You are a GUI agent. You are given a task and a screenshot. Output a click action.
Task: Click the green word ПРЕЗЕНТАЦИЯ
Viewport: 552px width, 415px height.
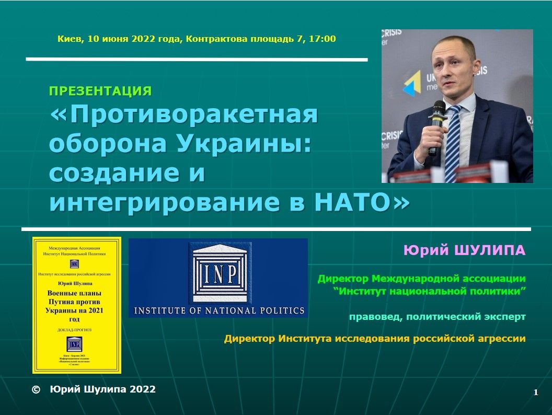click(100, 91)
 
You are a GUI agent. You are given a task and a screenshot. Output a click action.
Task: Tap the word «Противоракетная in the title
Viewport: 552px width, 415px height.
click(183, 115)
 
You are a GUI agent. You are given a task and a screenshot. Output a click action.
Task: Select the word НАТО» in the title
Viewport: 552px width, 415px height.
click(361, 202)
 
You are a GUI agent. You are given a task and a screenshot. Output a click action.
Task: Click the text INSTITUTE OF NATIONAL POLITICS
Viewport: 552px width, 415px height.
click(220, 310)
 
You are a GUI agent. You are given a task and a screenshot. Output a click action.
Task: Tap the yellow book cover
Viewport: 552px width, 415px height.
click(77, 305)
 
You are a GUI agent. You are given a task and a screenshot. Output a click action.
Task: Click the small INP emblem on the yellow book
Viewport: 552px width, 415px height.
click(74, 344)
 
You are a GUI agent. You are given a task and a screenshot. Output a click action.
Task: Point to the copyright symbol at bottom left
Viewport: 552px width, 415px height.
click(36, 389)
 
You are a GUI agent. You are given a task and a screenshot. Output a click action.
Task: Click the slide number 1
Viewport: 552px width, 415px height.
click(536, 393)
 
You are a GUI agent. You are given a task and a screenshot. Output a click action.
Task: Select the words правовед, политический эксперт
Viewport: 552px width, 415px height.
click(437, 317)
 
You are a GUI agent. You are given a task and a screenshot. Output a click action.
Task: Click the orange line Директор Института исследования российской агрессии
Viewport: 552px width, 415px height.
click(375, 339)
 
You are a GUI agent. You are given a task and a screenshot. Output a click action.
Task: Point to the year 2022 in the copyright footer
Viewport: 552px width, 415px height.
click(142, 389)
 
